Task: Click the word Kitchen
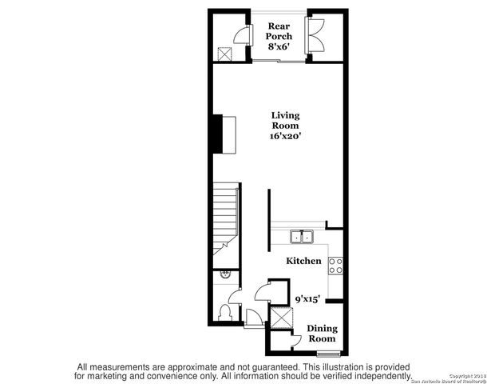303,261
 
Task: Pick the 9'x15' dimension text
307,298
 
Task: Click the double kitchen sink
303,237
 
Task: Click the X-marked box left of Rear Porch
225,54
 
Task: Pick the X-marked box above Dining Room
281,318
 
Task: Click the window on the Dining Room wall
326,353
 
